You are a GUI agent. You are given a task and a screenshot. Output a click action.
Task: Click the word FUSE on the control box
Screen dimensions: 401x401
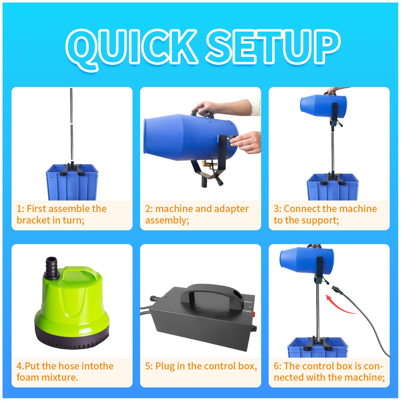pos(247,311)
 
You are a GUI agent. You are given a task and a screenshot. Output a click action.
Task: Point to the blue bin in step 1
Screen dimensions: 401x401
pos(72,182)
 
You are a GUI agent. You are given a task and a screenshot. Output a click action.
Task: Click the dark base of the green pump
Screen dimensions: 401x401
pos(72,337)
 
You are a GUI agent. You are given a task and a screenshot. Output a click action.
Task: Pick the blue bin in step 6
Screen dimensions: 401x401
pos(318,347)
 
